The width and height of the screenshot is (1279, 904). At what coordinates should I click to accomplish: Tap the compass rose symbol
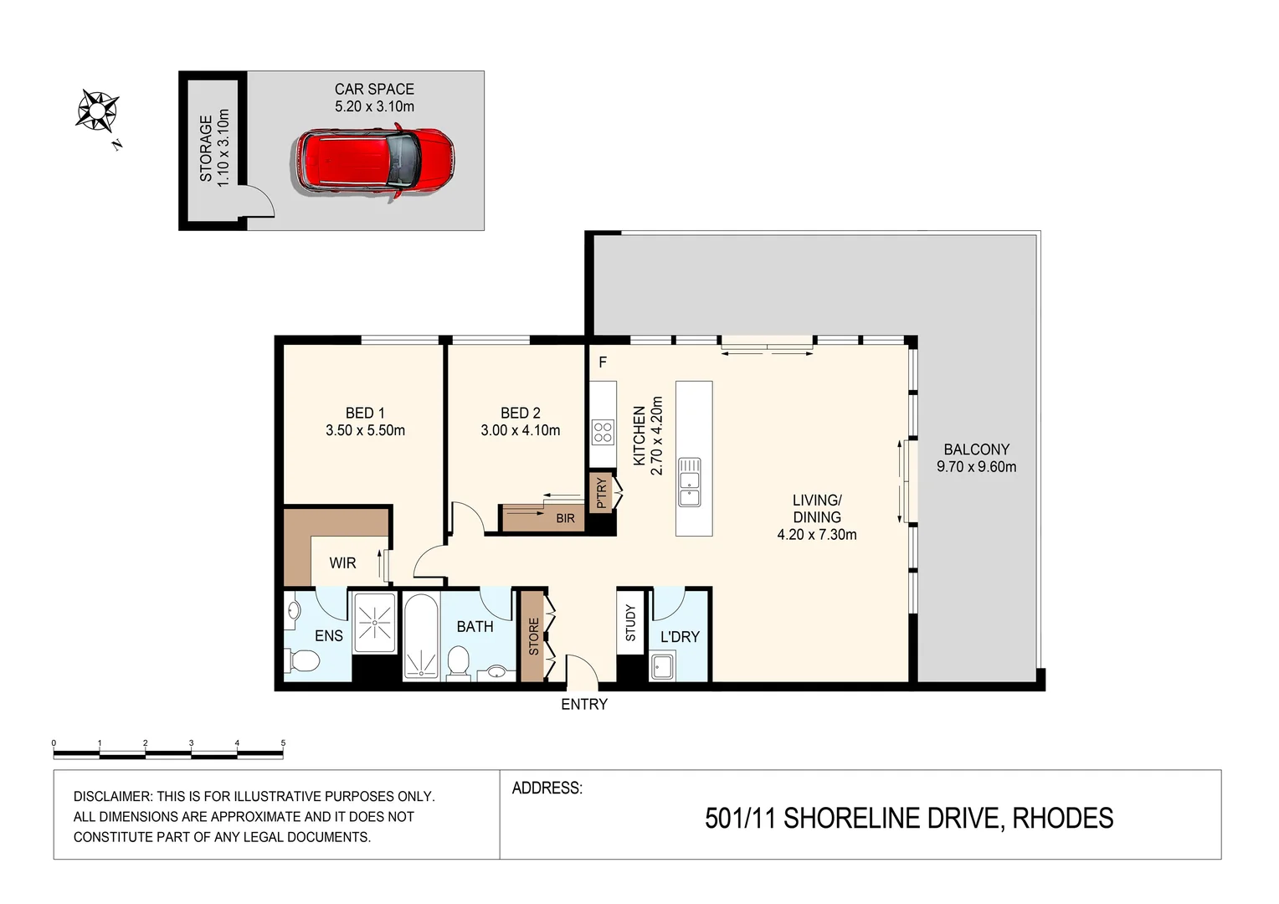click(x=97, y=110)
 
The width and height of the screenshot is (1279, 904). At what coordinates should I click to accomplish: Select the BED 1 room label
click(x=365, y=413)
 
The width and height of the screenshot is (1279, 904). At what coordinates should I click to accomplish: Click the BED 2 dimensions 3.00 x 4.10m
click(x=520, y=430)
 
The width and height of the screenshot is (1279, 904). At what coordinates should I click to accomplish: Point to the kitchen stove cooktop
click(x=603, y=432)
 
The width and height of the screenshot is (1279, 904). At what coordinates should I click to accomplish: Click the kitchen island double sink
click(x=689, y=482)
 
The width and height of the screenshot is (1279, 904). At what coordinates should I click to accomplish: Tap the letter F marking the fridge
click(x=603, y=362)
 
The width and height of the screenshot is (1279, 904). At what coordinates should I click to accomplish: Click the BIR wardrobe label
click(x=566, y=518)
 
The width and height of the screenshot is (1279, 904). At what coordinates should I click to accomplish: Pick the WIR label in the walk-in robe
click(x=342, y=562)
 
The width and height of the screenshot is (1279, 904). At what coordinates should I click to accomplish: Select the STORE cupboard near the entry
click(x=533, y=636)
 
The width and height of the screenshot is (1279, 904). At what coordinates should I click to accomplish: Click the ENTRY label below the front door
click(x=584, y=705)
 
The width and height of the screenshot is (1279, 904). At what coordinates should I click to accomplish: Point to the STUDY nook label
click(x=630, y=623)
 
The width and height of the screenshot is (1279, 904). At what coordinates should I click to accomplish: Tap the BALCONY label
click(x=976, y=449)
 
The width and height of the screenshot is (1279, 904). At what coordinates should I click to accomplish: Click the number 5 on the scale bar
click(x=283, y=743)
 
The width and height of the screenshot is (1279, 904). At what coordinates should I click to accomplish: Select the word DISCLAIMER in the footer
click(x=112, y=797)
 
